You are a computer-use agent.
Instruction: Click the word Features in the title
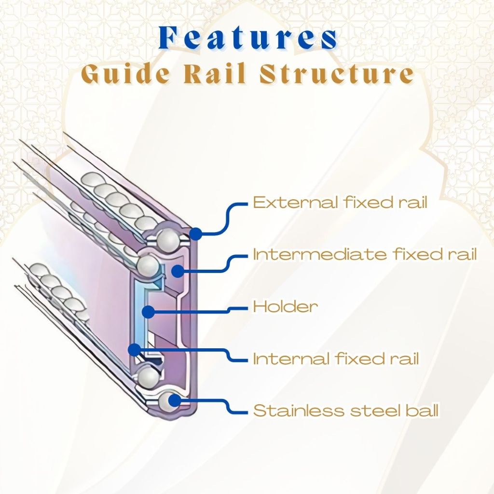coord(248,38)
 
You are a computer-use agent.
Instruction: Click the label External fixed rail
coord(340,202)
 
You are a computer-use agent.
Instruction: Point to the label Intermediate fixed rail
coord(365,254)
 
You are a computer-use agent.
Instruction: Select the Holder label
coord(285,306)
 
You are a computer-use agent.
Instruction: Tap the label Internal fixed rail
coord(336,358)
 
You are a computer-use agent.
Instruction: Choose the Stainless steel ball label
coord(346,411)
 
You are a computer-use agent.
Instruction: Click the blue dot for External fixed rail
coord(195,234)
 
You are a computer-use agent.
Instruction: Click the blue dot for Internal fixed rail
coord(135,348)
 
